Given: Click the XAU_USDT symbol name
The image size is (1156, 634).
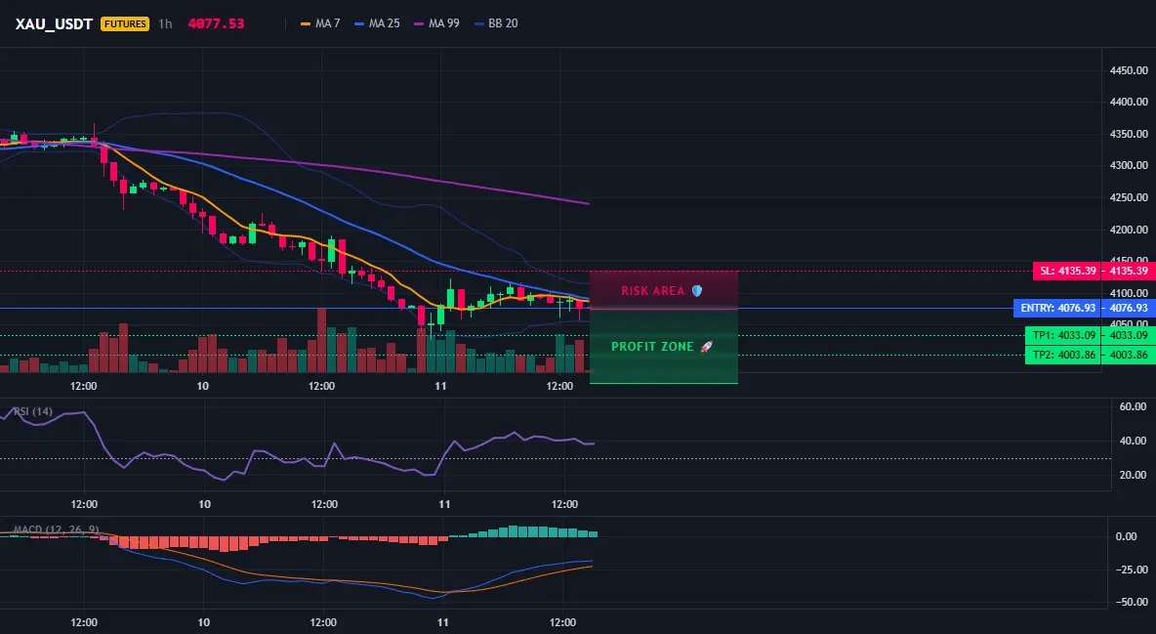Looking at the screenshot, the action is coord(54,23).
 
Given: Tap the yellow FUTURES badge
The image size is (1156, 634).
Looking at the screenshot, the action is coord(125,23).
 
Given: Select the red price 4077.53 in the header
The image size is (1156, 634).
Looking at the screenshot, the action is coord(216,23).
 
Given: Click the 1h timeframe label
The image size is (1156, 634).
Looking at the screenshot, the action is coord(165,23).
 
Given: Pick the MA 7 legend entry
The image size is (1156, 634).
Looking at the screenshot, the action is coord(320,23).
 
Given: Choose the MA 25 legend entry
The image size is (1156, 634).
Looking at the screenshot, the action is coord(377,23).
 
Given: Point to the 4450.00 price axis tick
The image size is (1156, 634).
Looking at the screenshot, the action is coord(1129,71).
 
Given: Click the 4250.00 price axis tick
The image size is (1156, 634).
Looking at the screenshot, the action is coord(1129,197).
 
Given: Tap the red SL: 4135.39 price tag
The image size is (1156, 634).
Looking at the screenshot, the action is coord(1067,271).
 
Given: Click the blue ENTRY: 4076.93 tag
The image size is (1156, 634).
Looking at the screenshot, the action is coord(1058,309).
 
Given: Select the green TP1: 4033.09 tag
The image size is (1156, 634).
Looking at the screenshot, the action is coord(1063,336).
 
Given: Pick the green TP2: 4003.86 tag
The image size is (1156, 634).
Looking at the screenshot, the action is coord(1063,355).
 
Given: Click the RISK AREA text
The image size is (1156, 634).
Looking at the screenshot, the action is coord(653,291).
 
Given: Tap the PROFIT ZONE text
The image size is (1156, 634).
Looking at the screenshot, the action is coord(652,346).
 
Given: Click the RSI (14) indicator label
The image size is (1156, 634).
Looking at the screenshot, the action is coord(32,411).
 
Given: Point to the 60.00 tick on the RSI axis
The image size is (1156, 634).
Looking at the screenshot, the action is coord(1133,406).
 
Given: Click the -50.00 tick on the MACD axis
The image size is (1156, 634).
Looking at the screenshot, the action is coord(1131,603).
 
